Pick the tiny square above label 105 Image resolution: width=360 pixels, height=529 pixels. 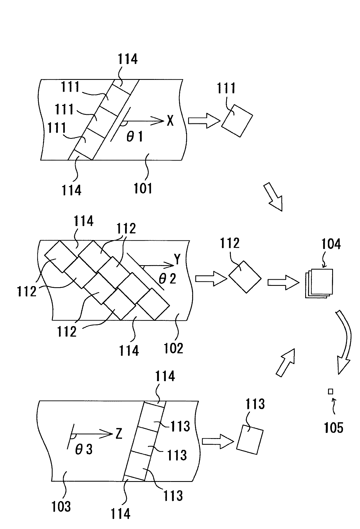(331, 391)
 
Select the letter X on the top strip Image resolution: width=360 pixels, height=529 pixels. (170, 121)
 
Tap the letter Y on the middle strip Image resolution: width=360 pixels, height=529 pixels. (177, 259)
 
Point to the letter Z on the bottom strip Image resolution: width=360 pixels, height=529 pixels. (119, 434)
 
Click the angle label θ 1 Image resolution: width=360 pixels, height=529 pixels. (134, 137)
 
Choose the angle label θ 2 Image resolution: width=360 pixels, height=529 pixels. (167, 279)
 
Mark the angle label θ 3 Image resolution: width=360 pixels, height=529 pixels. (83, 449)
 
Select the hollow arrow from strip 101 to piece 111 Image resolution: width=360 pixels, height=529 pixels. (204, 121)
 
